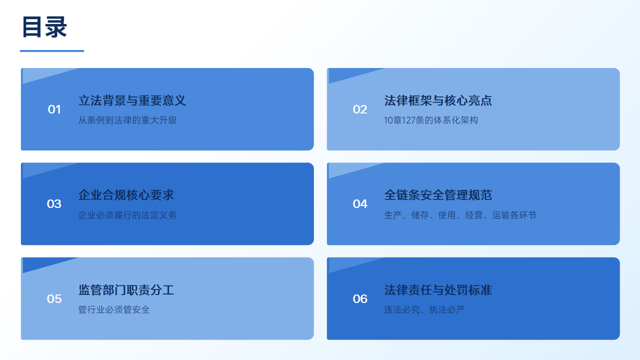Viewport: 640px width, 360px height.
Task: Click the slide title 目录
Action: coord(44,27)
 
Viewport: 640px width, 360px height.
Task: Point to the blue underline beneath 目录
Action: coord(52,51)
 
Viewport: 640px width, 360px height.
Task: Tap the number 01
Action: coord(54,109)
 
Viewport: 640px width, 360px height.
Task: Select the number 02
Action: coord(359,109)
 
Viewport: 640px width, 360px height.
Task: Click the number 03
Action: coord(54,204)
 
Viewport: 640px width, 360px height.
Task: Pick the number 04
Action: coord(360,204)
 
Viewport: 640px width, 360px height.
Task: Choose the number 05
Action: coord(54,299)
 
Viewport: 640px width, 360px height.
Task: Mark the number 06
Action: coord(360,299)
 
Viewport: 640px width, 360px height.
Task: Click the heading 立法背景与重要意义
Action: coord(132,100)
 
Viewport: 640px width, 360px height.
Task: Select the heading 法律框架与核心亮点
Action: coord(438,100)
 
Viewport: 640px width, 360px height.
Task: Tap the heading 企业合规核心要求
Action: coord(126,195)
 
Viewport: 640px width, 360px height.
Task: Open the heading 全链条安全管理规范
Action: coord(438,195)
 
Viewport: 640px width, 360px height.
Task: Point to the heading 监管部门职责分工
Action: coord(126,290)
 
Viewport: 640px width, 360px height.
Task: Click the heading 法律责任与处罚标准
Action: coord(438,290)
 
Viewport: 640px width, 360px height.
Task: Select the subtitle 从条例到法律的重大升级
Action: coord(127,120)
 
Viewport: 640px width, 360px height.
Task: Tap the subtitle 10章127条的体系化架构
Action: coord(431,120)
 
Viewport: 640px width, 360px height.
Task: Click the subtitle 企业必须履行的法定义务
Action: coord(127,215)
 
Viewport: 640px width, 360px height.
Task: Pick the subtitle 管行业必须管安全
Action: coord(114,309)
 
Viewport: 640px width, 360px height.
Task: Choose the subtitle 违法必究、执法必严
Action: coord(424,309)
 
